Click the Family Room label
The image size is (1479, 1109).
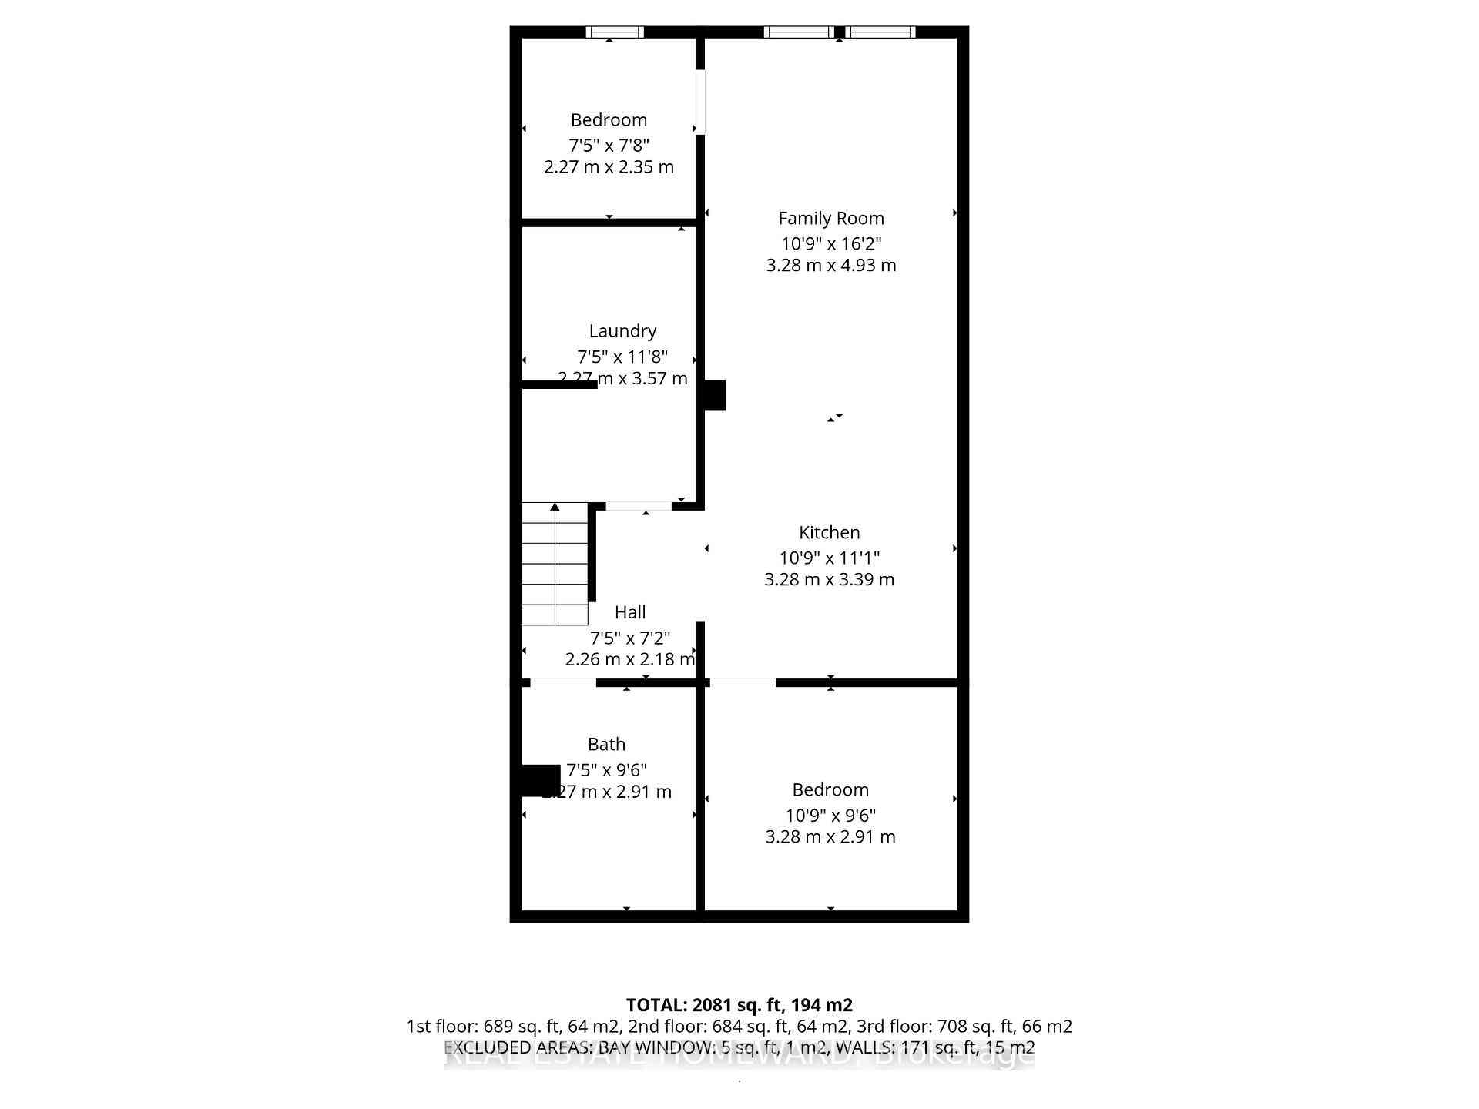(830, 219)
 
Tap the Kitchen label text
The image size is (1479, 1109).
(829, 532)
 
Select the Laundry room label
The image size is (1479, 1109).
(622, 331)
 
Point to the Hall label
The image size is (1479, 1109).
(630, 612)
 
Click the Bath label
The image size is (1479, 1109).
(606, 744)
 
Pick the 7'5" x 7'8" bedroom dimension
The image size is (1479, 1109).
(609, 145)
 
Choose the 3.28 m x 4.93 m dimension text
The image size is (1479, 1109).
(830, 265)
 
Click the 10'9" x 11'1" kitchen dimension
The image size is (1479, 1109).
(829, 558)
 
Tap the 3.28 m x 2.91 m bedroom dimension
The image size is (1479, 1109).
(830, 836)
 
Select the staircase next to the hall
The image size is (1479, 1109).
(555, 564)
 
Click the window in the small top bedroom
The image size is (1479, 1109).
(615, 32)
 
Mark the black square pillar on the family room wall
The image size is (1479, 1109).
(714, 395)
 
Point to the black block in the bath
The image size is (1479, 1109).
(541, 779)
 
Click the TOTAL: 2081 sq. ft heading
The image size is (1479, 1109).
(739, 1005)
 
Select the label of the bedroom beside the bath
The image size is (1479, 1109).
(830, 790)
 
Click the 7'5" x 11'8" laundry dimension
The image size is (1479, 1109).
(622, 357)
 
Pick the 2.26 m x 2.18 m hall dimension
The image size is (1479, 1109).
(630, 659)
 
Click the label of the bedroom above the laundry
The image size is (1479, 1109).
(609, 120)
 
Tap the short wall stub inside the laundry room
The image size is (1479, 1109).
(559, 384)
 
